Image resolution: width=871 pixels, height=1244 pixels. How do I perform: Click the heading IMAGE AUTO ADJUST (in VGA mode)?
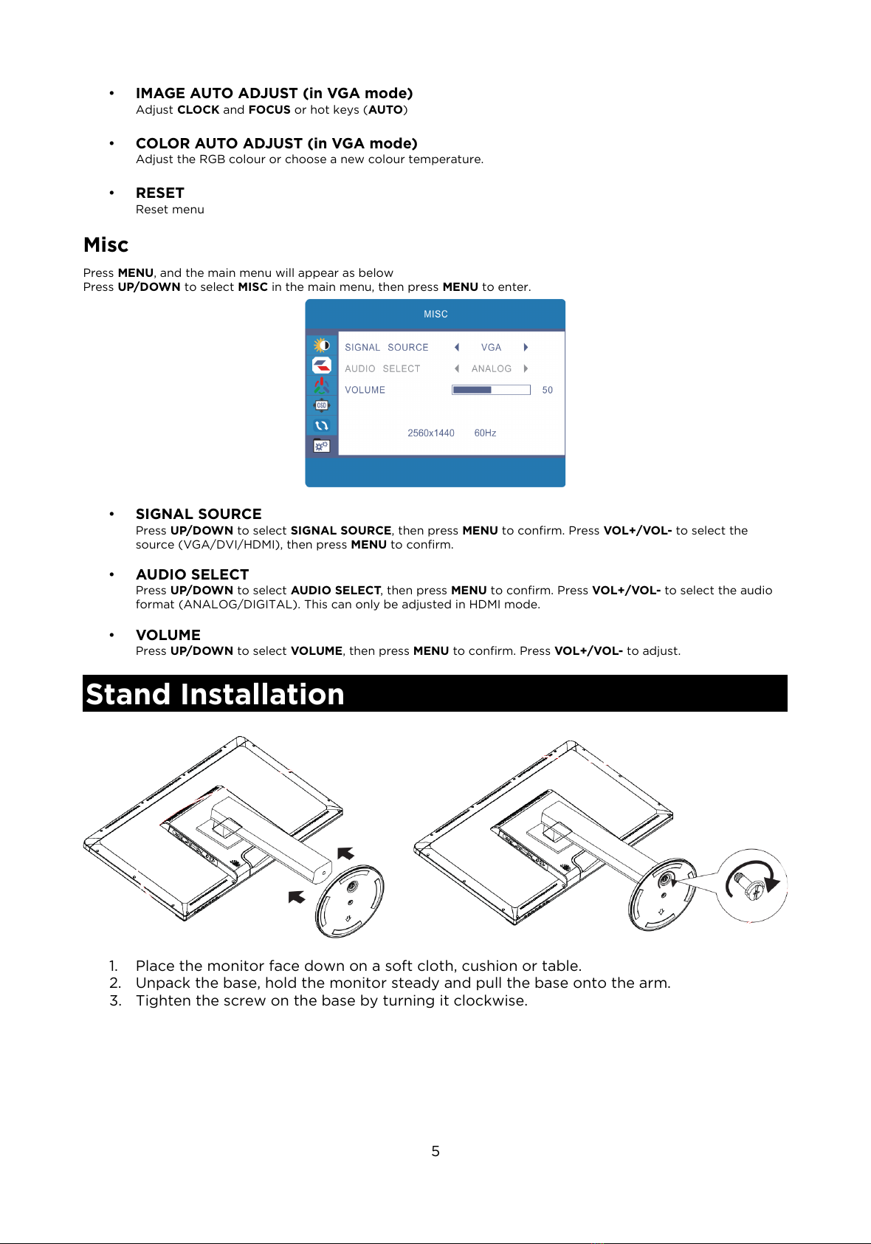(274, 93)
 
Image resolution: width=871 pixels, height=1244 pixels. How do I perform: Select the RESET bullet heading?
(159, 193)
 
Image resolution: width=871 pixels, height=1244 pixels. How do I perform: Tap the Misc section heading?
(106, 244)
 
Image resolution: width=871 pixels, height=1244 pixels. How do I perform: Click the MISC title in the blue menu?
(435, 314)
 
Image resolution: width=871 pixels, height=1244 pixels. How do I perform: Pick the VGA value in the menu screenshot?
(491, 347)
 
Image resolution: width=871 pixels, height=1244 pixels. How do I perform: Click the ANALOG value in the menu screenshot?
(491, 368)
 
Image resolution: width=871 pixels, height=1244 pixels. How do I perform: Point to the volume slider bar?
(491, 390)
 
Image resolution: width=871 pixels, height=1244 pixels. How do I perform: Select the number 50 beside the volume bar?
(547, 390)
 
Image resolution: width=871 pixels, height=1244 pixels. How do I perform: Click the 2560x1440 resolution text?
(430, 433)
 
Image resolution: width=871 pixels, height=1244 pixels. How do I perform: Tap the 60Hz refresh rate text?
(485, 433)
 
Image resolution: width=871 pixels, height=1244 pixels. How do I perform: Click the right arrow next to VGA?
(526, 347)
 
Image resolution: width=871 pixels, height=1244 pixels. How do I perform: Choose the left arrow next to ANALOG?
(457, 368)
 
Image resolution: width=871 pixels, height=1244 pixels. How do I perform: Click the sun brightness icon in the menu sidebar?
(321, 345)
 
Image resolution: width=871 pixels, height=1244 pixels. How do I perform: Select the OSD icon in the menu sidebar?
(321, 405)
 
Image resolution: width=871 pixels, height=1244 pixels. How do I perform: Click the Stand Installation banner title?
(215, 694)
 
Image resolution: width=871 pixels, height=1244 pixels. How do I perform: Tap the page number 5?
(435, 1151)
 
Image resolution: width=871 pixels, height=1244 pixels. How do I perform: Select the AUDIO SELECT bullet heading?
(192, 574)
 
